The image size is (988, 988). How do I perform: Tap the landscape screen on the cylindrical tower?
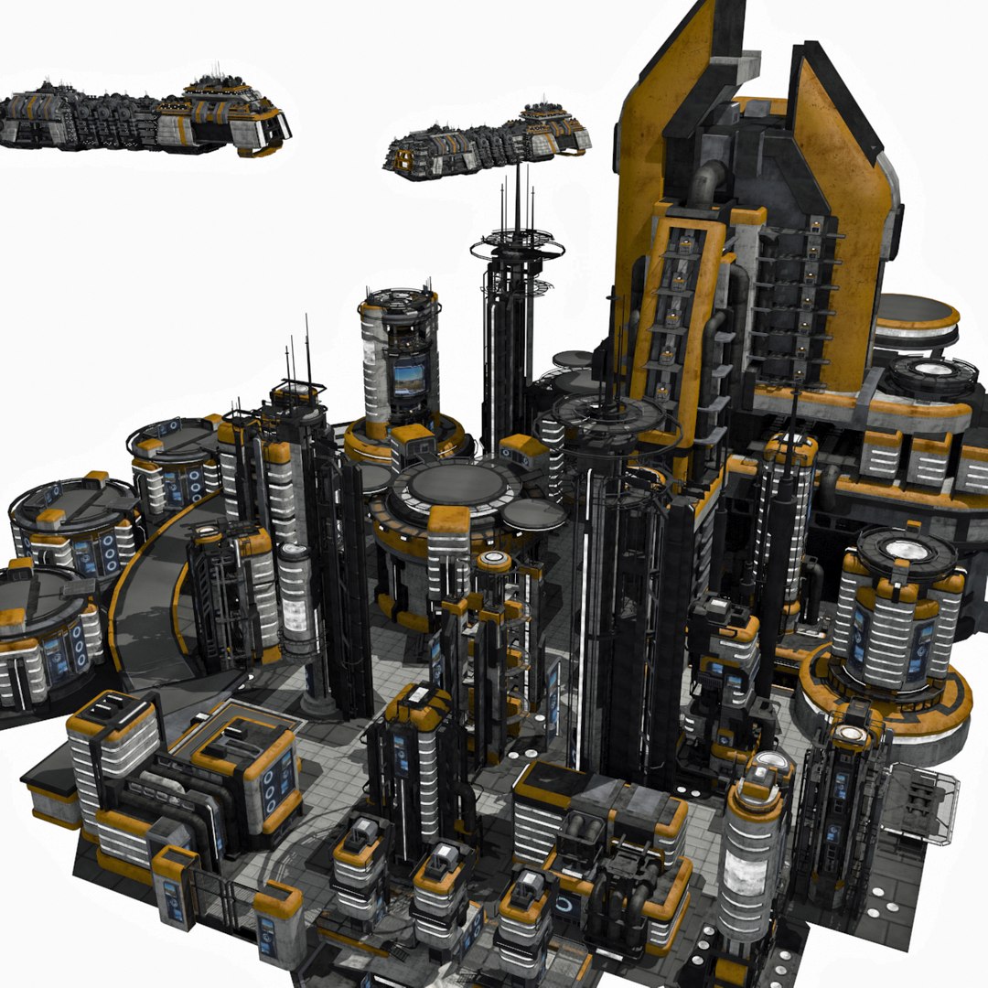tap(408, 378)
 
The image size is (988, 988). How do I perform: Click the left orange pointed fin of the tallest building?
tap(660, 101)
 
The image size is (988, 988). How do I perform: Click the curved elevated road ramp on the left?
tap(146, 604)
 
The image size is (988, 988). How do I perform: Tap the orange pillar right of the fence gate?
tap(277, 924)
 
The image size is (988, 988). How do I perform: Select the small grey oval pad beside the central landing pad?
tap(533, 513)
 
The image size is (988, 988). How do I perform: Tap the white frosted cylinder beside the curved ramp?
tap(295, 599)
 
